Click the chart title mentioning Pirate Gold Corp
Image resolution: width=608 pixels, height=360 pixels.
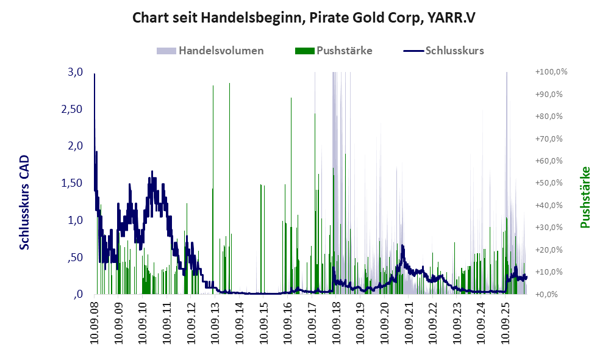click(x=304, y=18)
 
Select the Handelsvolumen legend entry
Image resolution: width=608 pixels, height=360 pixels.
click(x=210, y=51)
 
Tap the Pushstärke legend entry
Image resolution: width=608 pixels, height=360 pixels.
click(x=334, y=51)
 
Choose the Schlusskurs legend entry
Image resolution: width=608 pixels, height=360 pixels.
click(x=443, y=51)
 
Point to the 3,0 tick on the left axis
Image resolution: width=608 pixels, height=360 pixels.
click(x=75, y=72)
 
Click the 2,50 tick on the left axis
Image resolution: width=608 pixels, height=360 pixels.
click(x=72, y=109)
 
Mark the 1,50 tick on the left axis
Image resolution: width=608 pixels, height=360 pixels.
click(x=72, y=183)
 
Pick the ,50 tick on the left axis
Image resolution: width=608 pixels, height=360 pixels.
click(x=75, y=257)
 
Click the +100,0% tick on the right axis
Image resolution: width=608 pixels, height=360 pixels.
click(x=551, y=72)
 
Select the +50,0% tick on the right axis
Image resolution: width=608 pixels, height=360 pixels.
click(x=549, y=183)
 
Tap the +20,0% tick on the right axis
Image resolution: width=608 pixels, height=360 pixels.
click(x=549, y=250)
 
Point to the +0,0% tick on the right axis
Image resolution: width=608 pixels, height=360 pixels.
click(x=546, y=295)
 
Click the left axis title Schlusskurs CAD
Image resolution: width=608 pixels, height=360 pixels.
click(x=24, y=202)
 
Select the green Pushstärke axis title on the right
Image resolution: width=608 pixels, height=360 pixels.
click(x=585, y=197)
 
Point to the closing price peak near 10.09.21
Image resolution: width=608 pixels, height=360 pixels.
click(x=402, y=245)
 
